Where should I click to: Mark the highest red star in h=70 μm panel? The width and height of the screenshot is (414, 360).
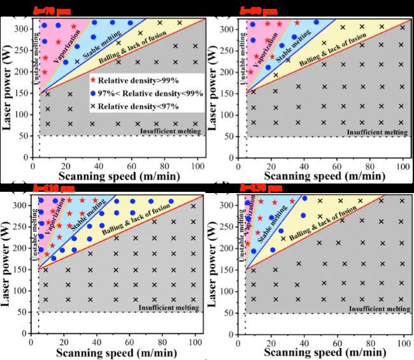pos(73,27)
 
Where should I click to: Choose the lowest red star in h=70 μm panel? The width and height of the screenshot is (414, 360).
pos(44,72)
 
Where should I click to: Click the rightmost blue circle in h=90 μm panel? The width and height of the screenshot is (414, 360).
pos(316,22)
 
